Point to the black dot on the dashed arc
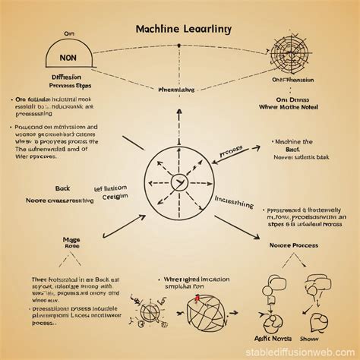click(179, 45)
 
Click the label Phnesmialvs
click(178, 90)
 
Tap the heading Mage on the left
click(73, 238)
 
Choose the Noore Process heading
click(295, 245)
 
